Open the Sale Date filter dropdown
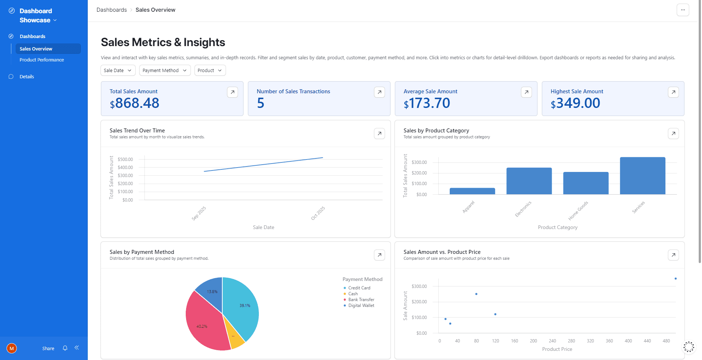118,70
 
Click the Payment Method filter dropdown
165,70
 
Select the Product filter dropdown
210,70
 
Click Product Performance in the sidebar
42,60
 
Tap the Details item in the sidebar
27,76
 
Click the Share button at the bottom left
48,348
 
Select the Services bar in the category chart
642,176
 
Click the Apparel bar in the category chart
472,191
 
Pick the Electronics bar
529,181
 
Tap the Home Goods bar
586,183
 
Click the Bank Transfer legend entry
361,300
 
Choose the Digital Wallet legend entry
361,305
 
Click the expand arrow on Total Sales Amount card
233,92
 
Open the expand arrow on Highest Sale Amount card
673,92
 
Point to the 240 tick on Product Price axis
552,341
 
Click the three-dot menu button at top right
683,10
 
